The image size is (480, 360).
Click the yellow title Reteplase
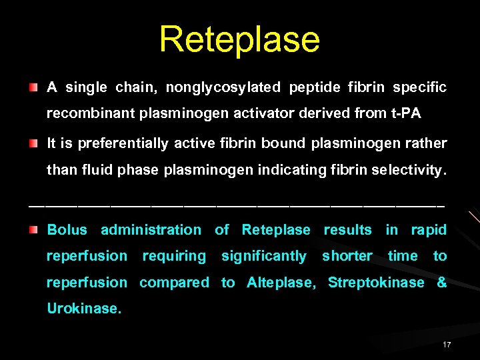(239, 39)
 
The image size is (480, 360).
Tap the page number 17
(447, 345)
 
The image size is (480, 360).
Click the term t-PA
(406, 114)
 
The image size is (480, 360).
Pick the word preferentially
(123, 144)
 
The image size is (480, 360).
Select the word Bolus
(67, 230)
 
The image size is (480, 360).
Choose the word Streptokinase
(376, 283)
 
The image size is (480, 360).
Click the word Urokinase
(84, 309)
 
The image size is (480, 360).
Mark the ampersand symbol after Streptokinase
(441, 283)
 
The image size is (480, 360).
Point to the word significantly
(263, 256)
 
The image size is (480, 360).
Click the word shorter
(347, 256)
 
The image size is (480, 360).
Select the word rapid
(429, 230)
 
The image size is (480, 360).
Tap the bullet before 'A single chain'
(34, 88)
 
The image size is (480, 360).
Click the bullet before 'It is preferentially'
(34, 144)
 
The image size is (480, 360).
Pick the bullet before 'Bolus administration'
(34, 230)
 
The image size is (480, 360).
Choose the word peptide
(313, 88)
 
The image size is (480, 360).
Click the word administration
(151, 230)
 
